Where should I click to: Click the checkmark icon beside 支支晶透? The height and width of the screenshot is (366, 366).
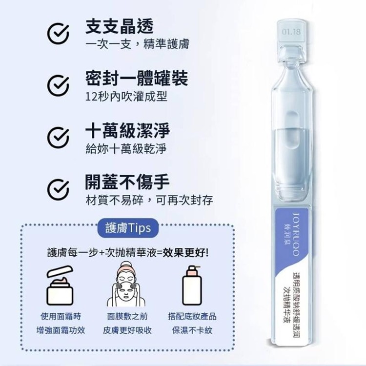58,34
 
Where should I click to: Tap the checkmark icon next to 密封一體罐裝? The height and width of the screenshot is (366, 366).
58,85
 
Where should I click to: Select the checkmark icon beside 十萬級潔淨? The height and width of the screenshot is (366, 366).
58,138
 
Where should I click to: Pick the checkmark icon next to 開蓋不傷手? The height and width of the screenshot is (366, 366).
58,189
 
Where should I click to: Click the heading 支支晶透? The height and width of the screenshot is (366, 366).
119,26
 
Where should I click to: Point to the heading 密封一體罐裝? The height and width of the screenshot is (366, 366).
137,78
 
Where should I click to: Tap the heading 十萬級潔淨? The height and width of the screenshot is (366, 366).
127,130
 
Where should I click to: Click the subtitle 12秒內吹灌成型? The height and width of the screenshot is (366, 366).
126,97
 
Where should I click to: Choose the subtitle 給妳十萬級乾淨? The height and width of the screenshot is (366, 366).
126,148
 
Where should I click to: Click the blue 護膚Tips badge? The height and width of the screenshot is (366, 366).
128,228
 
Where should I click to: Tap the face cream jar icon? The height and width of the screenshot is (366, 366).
60,285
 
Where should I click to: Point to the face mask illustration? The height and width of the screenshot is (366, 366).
126,284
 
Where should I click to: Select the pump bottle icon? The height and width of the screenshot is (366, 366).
192,285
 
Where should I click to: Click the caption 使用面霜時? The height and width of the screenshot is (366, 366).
61,317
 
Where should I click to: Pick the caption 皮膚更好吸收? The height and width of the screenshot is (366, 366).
127,330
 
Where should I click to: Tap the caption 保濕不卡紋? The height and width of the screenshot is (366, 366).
192,330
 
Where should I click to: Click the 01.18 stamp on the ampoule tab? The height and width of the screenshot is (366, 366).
291,32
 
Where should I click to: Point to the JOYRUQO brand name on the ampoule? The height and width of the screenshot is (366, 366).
296,234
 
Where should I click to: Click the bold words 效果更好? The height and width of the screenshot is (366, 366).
185,252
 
